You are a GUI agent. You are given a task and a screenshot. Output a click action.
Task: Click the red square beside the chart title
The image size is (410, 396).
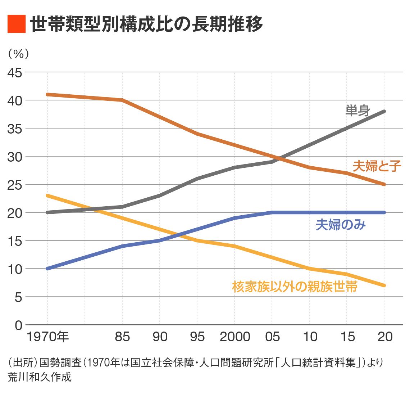click(17, 24)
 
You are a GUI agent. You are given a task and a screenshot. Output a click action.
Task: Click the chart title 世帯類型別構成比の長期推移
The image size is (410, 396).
click(146, 24)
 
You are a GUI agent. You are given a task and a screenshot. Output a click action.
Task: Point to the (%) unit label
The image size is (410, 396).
click(18, 54)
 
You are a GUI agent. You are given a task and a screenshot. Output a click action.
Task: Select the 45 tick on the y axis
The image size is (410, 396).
click(15, 72)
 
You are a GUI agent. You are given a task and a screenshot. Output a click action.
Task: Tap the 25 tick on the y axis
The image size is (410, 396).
click(15, 185)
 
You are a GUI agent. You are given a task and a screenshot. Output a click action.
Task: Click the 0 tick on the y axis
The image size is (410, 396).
click(18, 325)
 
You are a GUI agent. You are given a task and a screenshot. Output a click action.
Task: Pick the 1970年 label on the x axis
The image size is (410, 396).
click(47, 337)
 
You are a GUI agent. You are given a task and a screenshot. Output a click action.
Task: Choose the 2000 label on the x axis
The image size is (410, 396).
click(235, 337)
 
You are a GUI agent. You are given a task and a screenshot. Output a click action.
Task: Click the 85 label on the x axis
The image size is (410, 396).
click(122, 337)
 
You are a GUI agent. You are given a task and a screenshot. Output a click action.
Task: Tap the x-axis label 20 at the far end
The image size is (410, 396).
click(385, 337)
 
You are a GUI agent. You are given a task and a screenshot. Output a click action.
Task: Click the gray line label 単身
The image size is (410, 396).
click(358, 111)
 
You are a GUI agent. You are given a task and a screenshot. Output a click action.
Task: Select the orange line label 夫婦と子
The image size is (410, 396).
click(377, 166)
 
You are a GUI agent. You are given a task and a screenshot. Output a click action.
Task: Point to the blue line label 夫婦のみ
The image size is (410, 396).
click(341, 225)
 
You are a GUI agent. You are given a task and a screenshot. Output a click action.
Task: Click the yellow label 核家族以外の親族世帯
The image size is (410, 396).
click(295, 287)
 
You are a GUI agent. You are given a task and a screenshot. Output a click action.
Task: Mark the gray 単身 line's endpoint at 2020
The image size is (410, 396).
click(384, 112)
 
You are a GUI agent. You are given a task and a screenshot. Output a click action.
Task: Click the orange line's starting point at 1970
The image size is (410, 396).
click(47, 94)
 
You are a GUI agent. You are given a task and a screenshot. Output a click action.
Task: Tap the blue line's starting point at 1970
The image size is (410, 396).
click(47, 269)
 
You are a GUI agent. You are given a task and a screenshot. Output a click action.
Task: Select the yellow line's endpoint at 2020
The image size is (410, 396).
click(384, 285)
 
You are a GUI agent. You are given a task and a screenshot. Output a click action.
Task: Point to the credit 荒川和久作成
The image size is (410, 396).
click(40, 377)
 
